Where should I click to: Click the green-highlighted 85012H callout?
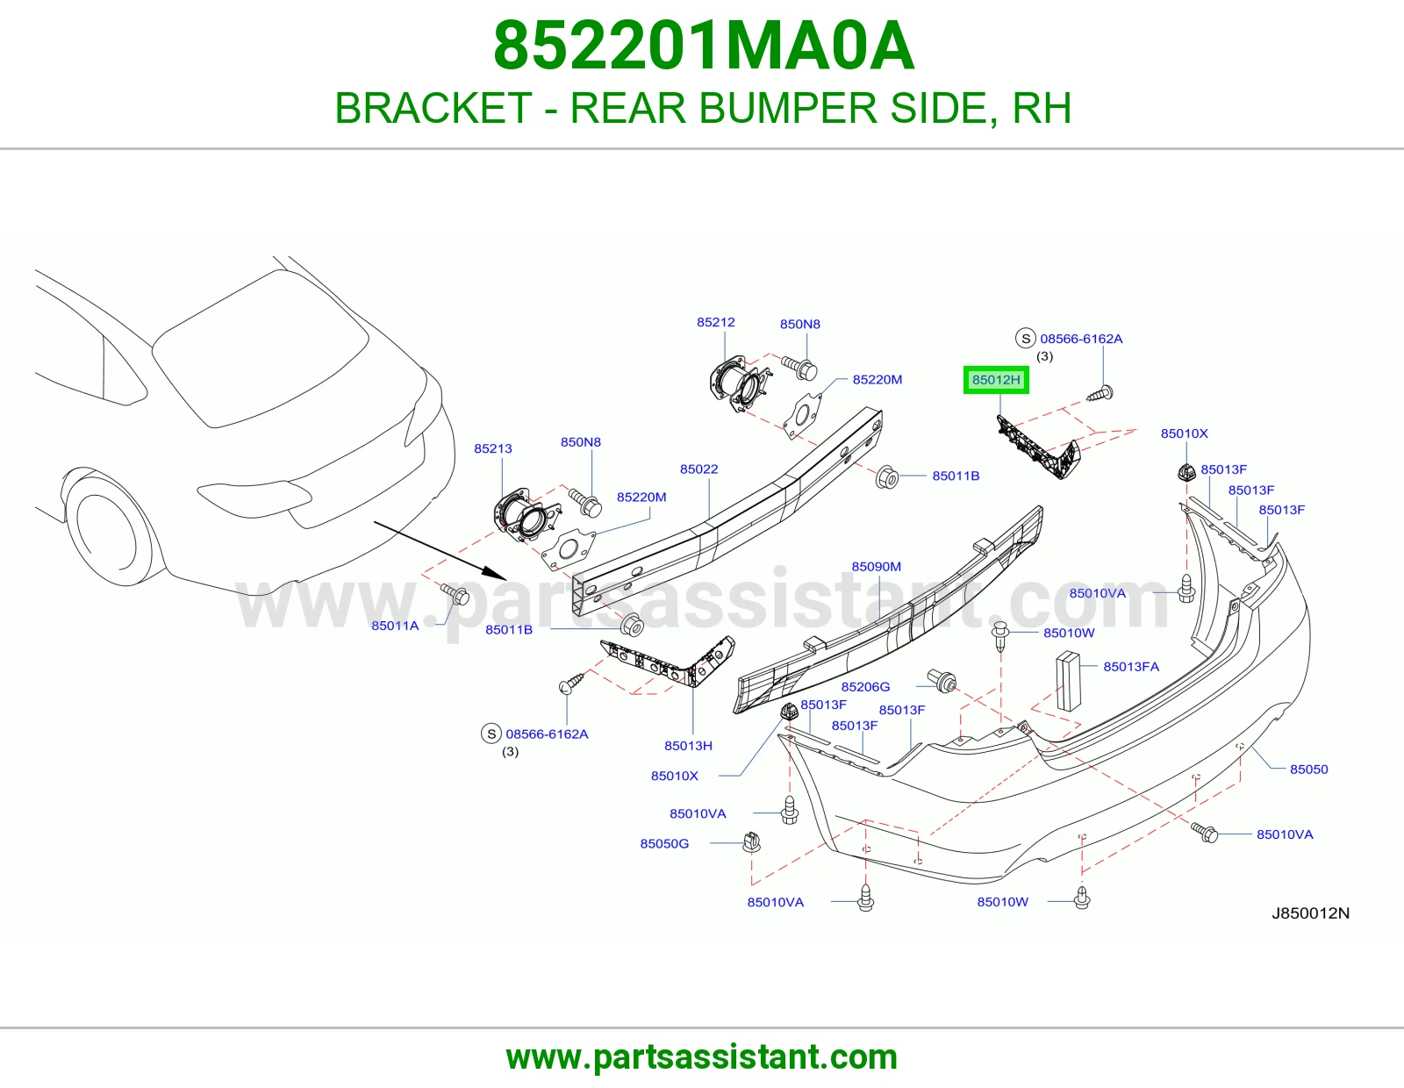996,380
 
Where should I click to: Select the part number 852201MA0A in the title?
704,47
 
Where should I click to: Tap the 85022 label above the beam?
699,469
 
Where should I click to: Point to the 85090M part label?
876,567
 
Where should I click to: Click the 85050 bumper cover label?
1309,769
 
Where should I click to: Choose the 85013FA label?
1131,667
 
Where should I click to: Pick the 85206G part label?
865,687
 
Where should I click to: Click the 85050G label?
664,844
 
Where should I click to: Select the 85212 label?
716,322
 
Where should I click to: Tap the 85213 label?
493,448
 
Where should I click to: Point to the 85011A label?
395,626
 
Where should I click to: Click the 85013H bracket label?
688,746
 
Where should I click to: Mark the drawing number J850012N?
1310,913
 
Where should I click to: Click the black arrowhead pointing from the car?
497,573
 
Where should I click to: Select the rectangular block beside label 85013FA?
1069,681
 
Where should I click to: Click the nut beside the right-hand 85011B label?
887,477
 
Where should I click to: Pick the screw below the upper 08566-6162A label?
1100,393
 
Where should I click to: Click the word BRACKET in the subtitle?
433,108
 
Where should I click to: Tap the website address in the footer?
702,1057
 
